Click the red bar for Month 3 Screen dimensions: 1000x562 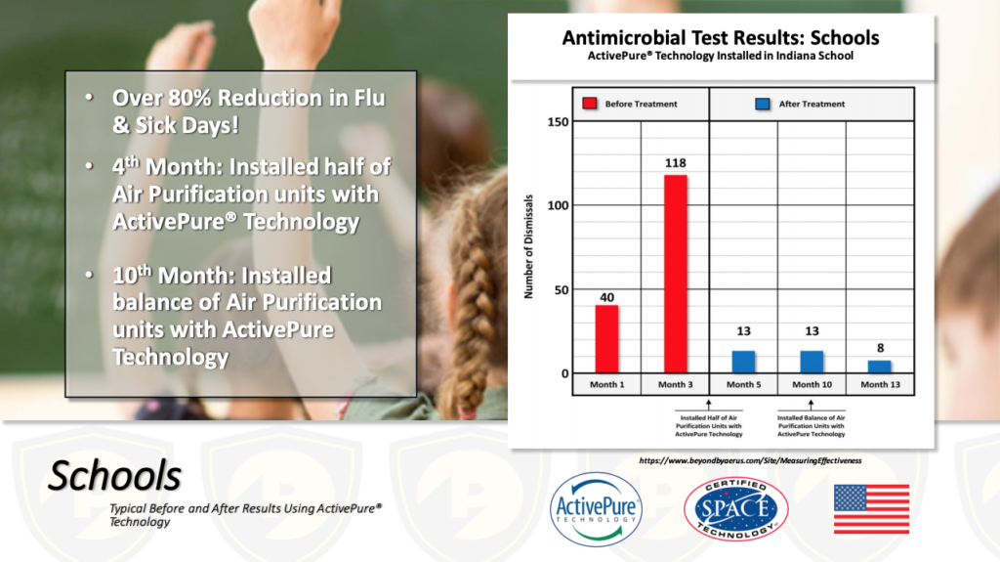676,274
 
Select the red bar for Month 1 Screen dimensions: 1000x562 606,339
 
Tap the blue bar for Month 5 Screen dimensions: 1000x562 743,362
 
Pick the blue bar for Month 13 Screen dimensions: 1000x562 880,367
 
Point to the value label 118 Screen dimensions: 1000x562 676,163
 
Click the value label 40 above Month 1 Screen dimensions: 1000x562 607,297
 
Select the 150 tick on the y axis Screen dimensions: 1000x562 558,122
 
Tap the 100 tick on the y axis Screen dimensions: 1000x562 558,205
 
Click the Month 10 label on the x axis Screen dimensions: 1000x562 812,384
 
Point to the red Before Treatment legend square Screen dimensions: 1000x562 590,104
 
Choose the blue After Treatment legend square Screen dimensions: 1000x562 762,104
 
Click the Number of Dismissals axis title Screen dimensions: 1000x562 528,246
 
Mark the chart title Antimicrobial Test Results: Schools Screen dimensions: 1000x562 721,38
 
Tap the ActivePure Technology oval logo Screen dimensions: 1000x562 597,509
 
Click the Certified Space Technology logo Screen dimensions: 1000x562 736,509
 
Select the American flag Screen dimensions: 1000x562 871,509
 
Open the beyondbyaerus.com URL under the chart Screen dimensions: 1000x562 750,460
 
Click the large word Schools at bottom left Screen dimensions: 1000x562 115,476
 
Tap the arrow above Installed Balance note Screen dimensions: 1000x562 811,405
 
